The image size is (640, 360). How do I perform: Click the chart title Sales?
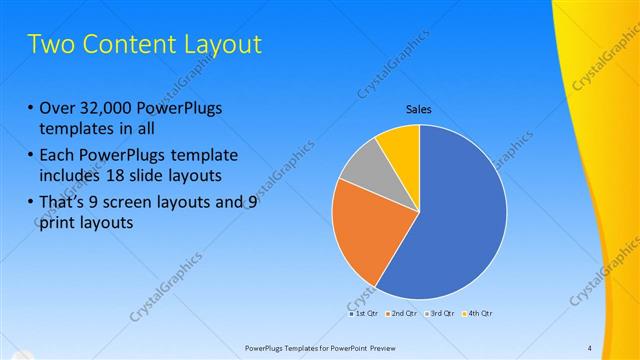[x=418, y=110]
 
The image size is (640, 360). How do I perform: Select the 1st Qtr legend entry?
[x=363, y=313]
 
